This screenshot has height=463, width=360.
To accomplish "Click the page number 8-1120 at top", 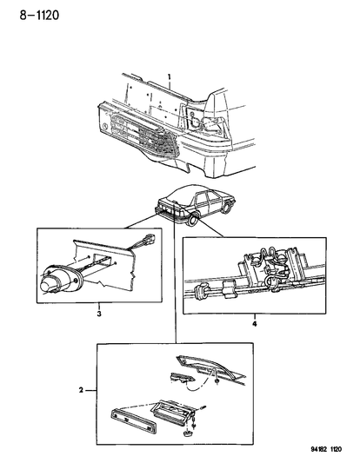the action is (39, 15).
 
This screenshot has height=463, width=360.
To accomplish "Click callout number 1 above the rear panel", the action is (170, 77).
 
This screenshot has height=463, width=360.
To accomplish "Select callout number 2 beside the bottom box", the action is (81, 390).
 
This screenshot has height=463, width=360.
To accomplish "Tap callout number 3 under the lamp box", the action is (99, 314).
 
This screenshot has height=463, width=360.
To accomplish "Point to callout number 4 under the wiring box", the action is (255, 324).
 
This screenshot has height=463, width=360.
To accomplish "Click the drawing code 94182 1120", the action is (326, 449).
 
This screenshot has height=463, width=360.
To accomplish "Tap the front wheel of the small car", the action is (227, 207).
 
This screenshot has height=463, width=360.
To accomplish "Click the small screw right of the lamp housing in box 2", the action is (203, 408).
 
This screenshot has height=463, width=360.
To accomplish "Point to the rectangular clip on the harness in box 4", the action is (228, 289).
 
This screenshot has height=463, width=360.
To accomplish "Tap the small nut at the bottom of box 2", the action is (187, 433).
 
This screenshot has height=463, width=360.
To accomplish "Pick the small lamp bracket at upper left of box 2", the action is (181, 378).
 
